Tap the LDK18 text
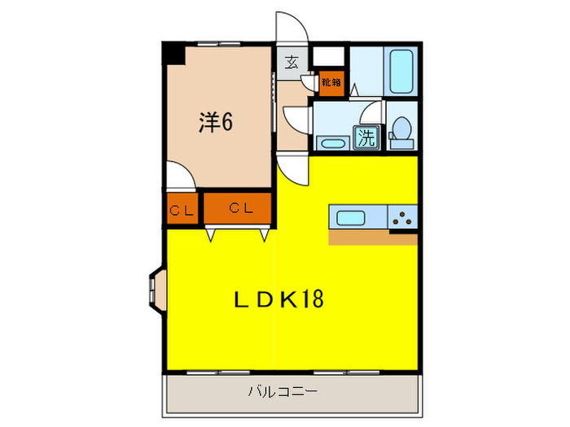tap(279, 299)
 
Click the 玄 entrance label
tap(290, 61)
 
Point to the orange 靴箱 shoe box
tap(330, 81)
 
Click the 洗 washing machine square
tap(366, 138)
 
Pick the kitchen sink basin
tap(351, 217)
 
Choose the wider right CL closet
tap(238, 209)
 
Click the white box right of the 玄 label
tap(330, 56)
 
